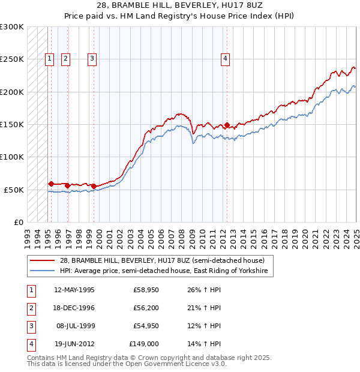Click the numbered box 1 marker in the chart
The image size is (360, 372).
49,58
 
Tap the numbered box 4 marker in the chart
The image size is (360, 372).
224,58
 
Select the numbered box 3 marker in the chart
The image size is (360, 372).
92,58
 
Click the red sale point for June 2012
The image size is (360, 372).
227,126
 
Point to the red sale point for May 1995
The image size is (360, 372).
52,184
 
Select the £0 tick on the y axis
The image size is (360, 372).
19,222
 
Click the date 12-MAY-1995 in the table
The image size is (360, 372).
74,290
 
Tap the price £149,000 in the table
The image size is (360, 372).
144,344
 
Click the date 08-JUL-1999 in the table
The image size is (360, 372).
74,326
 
